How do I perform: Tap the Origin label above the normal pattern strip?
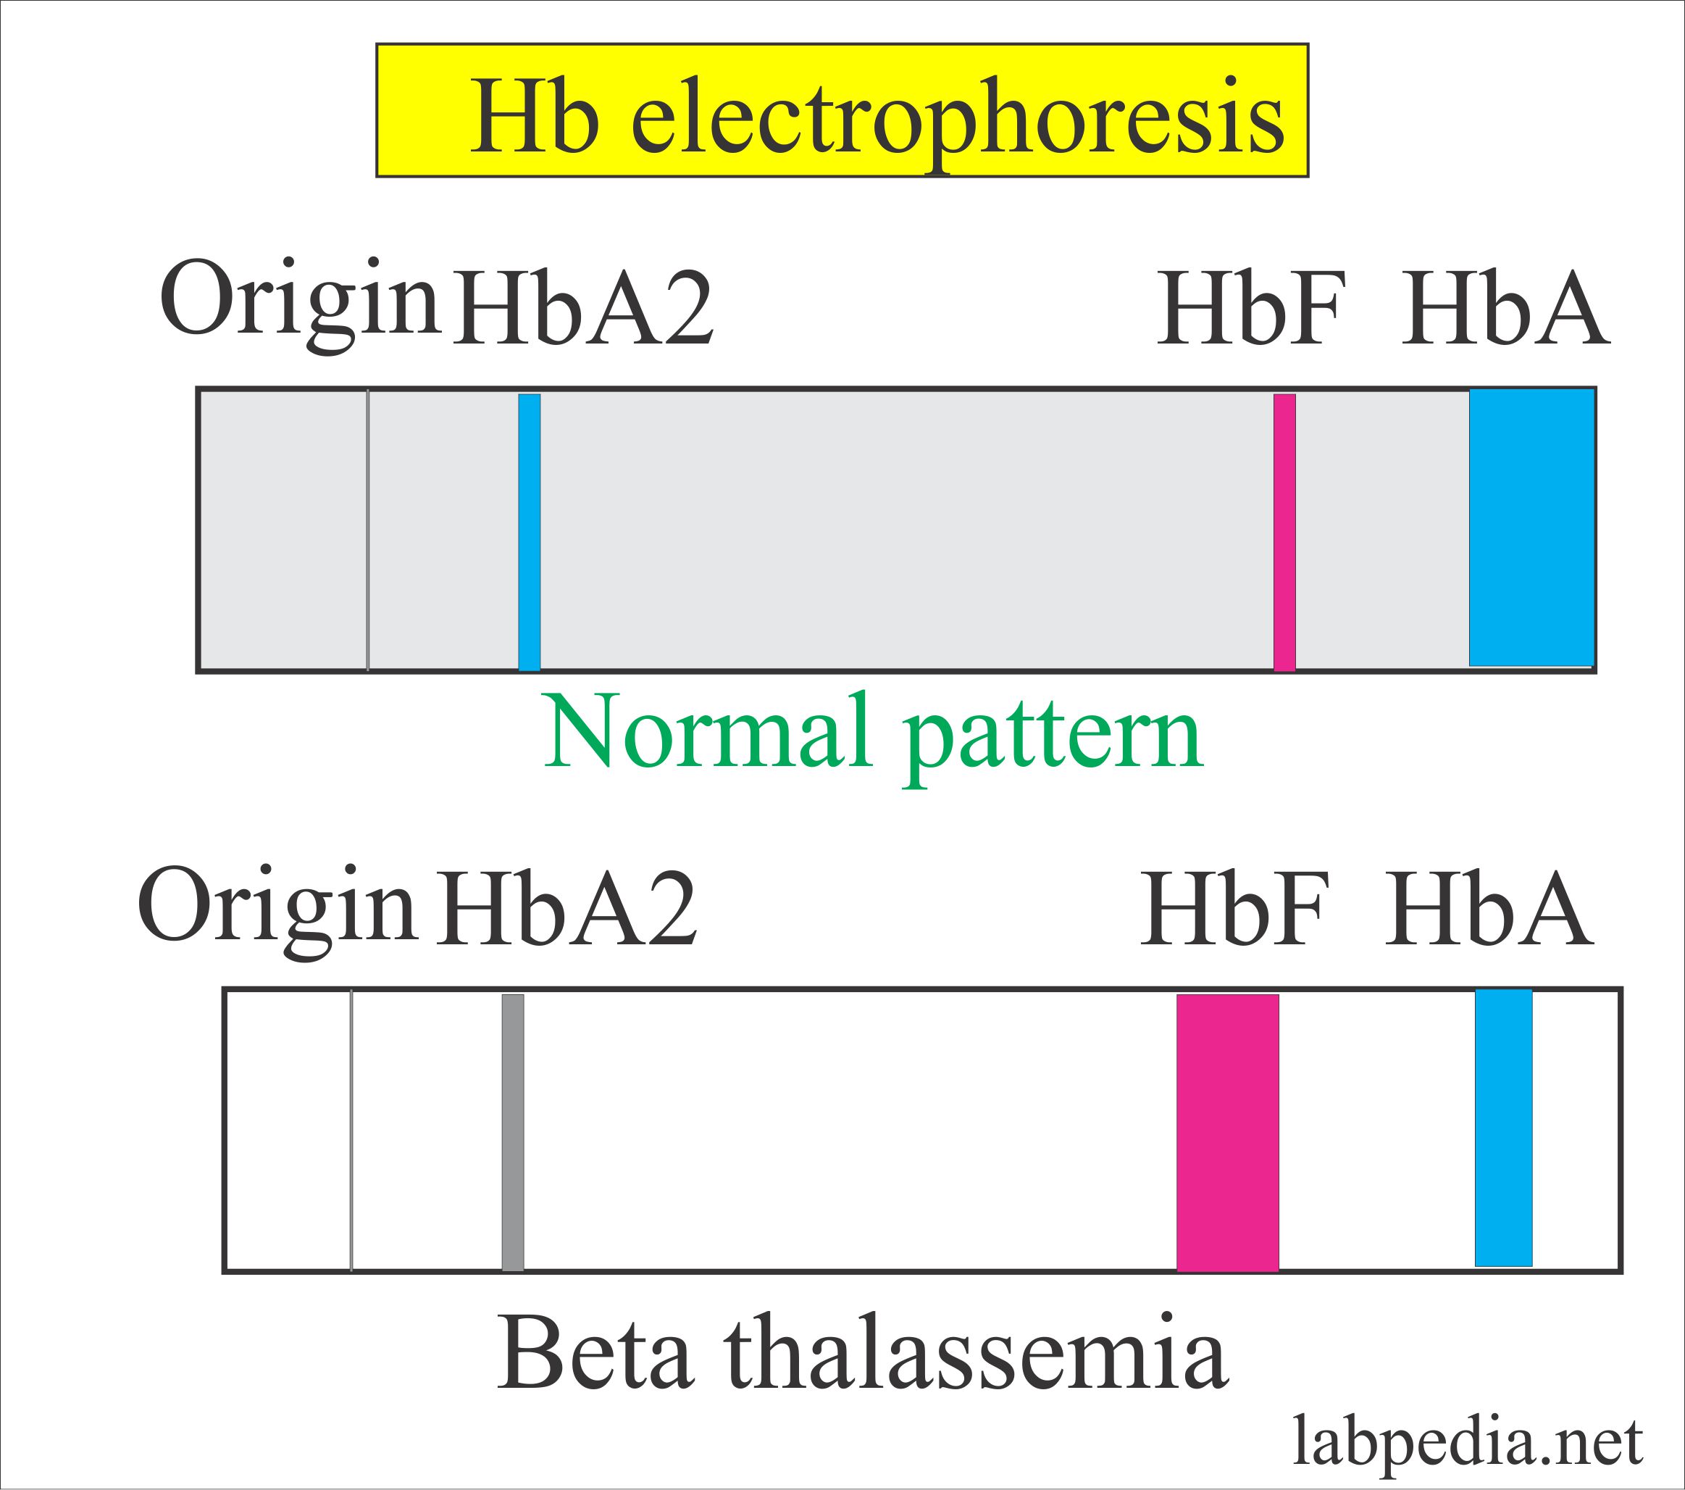coord(298,299)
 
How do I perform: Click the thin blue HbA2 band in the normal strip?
coord(530,532)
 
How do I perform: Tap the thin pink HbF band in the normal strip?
coord(1284,532)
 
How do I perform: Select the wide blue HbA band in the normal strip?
coord(1531,528)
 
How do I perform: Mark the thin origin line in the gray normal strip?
coord(368,532)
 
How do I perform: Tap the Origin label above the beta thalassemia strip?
coord(276,906)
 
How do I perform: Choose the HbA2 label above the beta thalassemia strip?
coord(567,909)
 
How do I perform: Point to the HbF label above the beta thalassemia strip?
coord(1235,909)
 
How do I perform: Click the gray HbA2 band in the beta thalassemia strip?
coord(513,1132)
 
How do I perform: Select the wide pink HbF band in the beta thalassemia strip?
coord(1227,1132)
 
